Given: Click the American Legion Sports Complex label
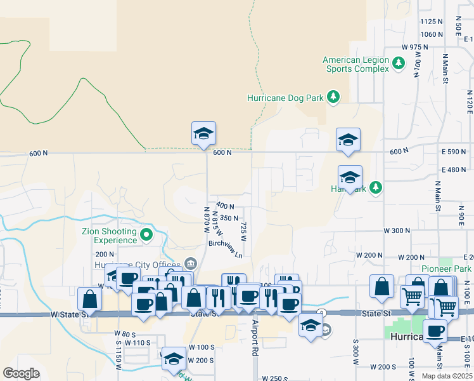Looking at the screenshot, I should coord(355,64).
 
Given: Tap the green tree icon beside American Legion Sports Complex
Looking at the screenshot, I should coord(399,63).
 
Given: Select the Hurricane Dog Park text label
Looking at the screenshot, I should coord(285,98).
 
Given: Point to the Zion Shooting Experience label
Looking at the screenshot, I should coord(109,236).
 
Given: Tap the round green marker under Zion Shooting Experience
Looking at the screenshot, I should coord(146,236).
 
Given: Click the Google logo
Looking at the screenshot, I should coord(21,373).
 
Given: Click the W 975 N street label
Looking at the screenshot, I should coord(415,48).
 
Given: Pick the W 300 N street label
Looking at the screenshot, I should coord(397,231).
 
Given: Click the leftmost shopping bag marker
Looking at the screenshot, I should coord(89,299).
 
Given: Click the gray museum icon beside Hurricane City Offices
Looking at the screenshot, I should coord(190,264).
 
